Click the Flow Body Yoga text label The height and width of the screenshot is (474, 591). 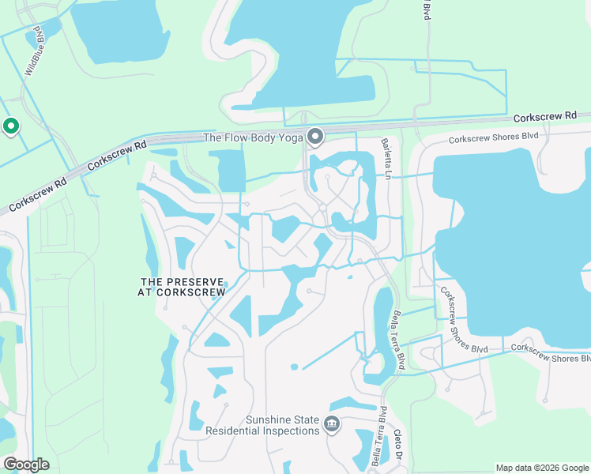(253, 137)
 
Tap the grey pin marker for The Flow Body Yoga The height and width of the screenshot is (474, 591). (315, 137)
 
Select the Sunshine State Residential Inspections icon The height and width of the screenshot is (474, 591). (332, 425)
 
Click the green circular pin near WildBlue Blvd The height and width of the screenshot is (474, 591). (11, 126)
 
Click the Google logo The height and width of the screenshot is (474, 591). (26, 465)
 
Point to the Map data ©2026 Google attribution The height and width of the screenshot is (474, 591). (541, 468)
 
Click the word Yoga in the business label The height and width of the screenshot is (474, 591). (292, 137)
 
